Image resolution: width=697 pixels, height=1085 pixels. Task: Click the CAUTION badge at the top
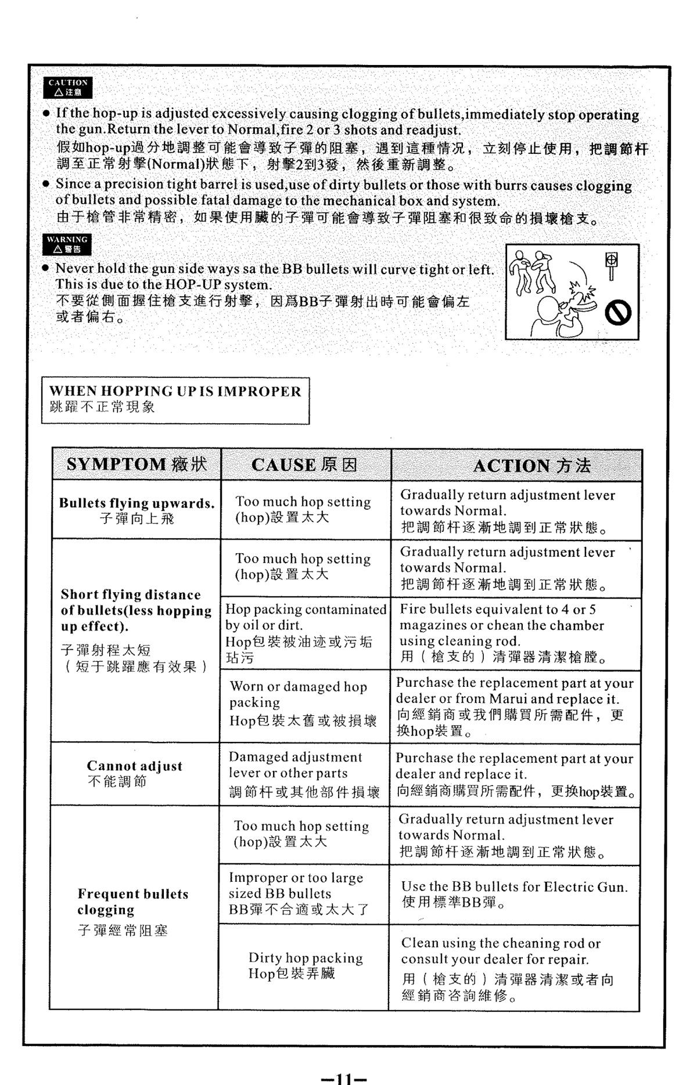(68, 87)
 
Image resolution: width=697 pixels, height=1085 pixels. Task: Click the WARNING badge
(68, 244)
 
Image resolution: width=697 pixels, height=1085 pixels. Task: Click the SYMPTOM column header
(136, 464)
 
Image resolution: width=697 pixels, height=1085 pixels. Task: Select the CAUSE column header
(305, 465)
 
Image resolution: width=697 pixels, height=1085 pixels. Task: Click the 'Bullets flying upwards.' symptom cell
(136, 510)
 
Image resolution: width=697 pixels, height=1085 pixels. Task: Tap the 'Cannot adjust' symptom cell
(134, 773)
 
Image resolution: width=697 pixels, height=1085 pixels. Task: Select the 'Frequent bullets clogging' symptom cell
(133, 909)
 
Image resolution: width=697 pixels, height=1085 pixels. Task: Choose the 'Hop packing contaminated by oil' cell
(306, 633)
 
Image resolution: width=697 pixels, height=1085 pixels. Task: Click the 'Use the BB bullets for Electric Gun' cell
(514, 894)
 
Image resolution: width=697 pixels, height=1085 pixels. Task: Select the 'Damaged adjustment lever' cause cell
(304, 774)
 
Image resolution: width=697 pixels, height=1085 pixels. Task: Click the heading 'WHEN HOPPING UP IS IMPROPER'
(175, 391)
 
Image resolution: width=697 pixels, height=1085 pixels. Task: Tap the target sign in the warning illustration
(611, 261)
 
